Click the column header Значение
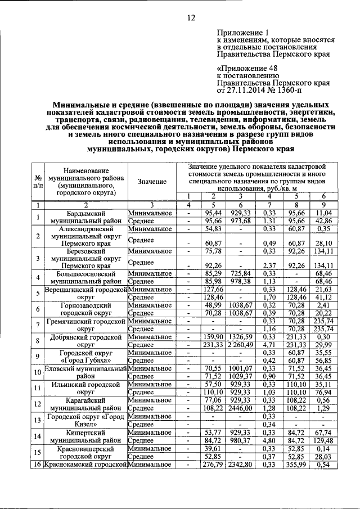(151, 181)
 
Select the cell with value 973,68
(240, 222)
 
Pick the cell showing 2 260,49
(240, 345)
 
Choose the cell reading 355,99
(296, 464)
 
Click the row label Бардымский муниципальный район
(85, 218)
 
